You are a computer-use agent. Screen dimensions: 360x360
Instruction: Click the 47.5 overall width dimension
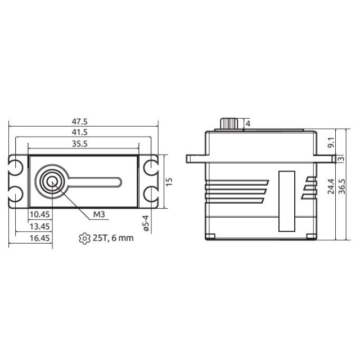click(x=80, y=121)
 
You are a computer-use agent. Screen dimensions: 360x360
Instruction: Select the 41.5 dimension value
click(x=80, y=132)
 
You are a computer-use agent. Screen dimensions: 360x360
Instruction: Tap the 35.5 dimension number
click(x=80, y=144)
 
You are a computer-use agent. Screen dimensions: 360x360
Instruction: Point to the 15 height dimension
click(x=169, y=182)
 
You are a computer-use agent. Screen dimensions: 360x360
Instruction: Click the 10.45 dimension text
click(x=40, y=214)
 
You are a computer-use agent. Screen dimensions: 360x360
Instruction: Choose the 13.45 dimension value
click(x=40, y=226)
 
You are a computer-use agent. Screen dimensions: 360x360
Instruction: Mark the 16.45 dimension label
click(x=40, y=238)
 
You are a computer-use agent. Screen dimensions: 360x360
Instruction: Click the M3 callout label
click(x=99, y=214)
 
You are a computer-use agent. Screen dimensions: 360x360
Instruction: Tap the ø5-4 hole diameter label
click(x=146, y=223)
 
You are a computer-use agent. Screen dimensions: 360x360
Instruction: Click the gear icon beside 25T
click(x=84, y=238)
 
